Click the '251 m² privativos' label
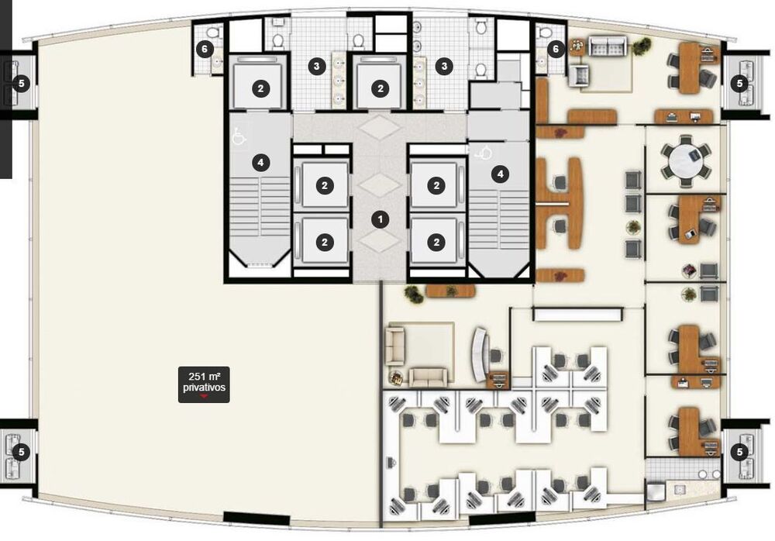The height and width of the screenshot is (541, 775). point(204,383)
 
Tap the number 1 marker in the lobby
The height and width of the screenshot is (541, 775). point(380,219)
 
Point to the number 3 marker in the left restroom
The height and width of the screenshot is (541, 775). point(316,67)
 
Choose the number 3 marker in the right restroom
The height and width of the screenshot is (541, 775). point(444,67)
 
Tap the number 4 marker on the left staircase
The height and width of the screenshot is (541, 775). point(261,163)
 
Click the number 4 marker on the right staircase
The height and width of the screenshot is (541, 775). point(501,174)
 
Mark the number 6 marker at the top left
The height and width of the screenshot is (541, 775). point(205,49)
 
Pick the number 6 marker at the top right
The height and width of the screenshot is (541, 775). point(555,49)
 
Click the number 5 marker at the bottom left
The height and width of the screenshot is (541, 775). point(22,451)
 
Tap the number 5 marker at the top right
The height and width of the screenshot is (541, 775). point(739,81)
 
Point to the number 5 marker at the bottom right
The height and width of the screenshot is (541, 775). point(739,451)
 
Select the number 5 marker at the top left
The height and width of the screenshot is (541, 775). point(22,81)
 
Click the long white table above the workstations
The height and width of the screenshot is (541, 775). point(578,314)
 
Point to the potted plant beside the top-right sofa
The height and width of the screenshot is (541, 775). point(640,47)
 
